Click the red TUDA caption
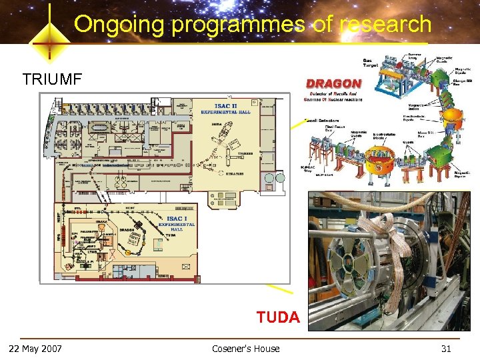(x=278, y=317)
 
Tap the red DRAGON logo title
(x=333, y=84)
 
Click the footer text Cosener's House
(x=245, y=348)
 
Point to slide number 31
(x=446, y=348)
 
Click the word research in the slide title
(x=385, y=25)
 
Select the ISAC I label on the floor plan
(x=177, y=219)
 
